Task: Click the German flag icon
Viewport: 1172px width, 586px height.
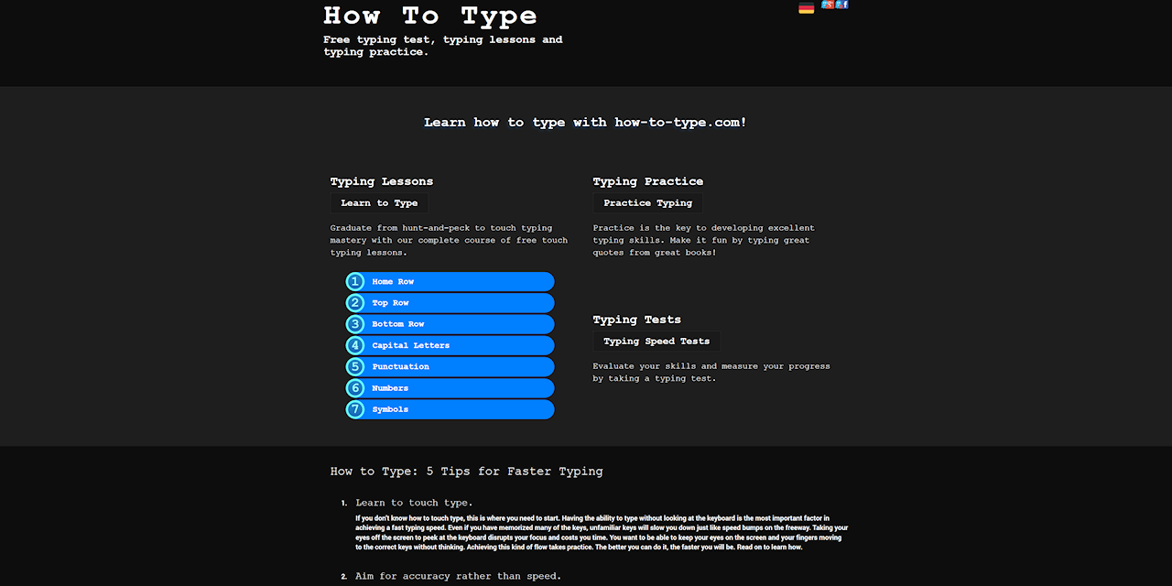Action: pos(806,8)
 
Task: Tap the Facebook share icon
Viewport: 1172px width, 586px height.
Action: pos(843,5)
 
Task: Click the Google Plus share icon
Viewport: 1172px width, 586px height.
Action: pos(827,5)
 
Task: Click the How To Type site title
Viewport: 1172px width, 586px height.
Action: pos(429,16)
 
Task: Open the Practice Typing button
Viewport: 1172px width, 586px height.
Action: pos(647,203)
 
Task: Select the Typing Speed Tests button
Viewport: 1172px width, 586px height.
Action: pos(656,342)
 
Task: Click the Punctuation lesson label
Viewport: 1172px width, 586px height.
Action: pos(400,366)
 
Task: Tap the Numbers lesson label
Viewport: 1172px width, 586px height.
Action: pos(390,388)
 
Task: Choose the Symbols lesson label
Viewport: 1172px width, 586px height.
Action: pos(390,409)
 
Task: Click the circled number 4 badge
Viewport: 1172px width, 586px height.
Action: pos(355,345)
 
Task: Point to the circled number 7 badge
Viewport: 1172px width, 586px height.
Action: pos(355,409)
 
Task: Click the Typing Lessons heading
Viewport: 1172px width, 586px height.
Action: pos(381,181)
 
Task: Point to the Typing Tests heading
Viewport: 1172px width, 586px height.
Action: pos(636,320)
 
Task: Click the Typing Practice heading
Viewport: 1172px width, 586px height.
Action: pos(647,181)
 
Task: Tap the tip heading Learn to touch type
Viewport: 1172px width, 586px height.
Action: pos(414,503)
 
